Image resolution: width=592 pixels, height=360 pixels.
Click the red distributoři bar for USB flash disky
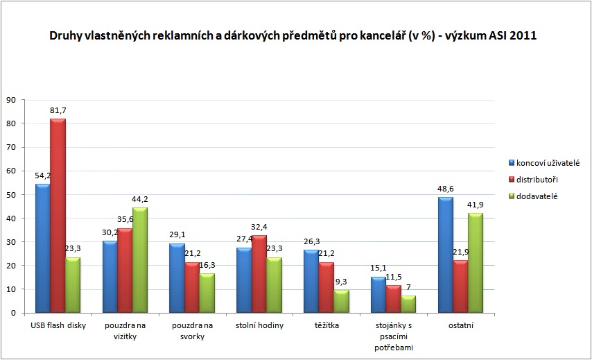pos(58,216)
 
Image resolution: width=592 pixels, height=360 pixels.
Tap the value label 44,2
pos(141,199)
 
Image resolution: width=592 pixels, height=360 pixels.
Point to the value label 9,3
pos(342,282)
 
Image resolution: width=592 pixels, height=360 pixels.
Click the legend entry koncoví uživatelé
pos(547,162)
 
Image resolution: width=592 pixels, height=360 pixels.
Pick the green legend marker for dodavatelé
pos(512,196)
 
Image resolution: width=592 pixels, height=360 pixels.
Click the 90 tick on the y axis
pos(11,100)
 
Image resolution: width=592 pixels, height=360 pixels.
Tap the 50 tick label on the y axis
pos(11,194)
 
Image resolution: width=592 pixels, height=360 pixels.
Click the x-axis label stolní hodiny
pos(260,326)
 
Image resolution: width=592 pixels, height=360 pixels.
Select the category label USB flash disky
pos(58,326)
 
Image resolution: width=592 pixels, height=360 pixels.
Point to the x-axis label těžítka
pos(327,326)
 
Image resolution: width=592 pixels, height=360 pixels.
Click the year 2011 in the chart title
pos(524,37)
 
